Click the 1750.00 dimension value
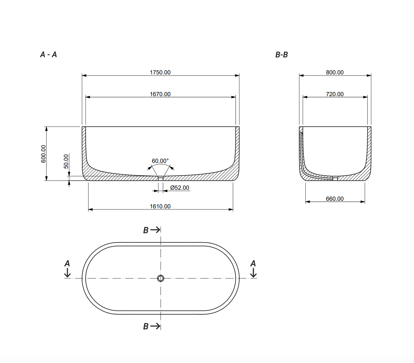(160, 72)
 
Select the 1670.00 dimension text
(160, 94)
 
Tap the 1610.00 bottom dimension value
(160, 206)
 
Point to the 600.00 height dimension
(43, 154)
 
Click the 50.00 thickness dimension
(66, 161)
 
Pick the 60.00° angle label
(160, 161)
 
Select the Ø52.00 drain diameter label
(180, 188)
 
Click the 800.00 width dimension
(335, 72)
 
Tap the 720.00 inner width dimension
(335, 94)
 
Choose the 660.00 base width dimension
(335, 199)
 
